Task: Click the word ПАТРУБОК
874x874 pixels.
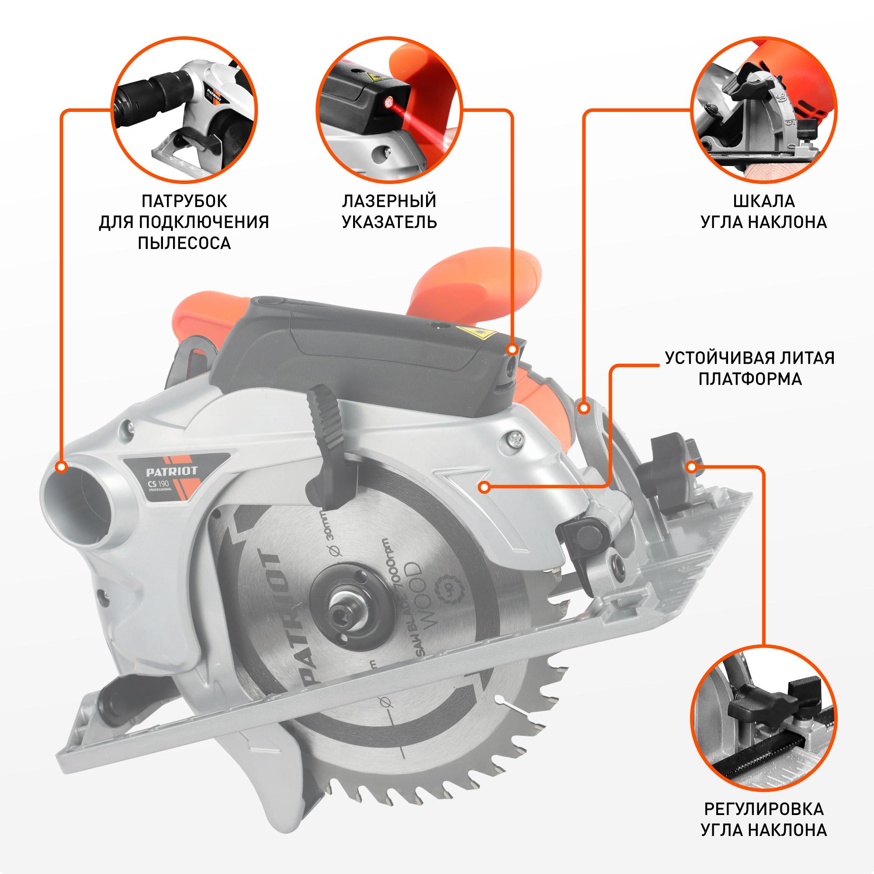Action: coord(184,201)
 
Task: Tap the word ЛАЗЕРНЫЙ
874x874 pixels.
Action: coord(389,201)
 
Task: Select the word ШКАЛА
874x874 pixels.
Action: coord(763,201)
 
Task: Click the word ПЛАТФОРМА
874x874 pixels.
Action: coord(750,378)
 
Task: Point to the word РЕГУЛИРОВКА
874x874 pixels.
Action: coord(763,809)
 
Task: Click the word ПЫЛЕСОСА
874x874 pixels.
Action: coord(184,243)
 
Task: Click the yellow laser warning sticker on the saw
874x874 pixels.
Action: coord(476,333)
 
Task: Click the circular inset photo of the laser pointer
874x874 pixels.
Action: coord(389,110)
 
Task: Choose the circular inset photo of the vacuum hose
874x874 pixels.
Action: coord(184,110)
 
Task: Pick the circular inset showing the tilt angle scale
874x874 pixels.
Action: coord(763,110)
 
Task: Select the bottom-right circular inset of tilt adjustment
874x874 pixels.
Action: coord(763,718)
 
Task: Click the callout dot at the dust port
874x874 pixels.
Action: coord(62,467)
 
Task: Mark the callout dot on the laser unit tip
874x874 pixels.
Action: coord(513,349)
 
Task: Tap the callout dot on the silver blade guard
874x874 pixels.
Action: coord(485,487)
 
